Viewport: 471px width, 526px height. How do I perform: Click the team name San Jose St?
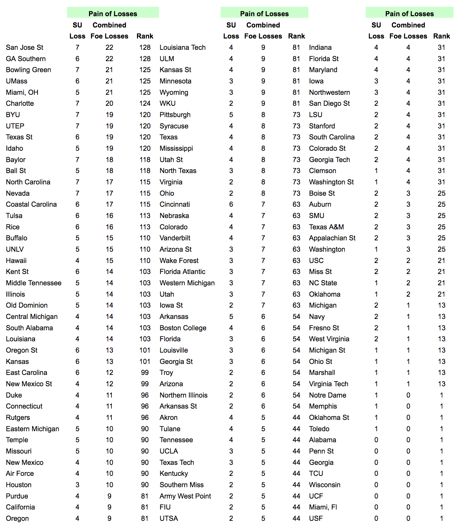[25, 48]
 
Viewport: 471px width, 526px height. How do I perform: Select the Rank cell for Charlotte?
[145, 104]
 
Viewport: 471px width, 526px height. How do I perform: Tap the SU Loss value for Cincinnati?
[231, 204]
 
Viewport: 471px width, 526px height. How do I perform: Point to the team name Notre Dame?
[327, 395]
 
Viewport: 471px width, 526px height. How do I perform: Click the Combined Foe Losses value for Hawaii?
[109, 260]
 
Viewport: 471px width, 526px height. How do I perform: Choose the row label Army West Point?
[185, 496]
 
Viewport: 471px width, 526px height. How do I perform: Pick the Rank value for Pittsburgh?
[296, 115]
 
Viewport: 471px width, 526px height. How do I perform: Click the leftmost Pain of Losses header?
[113, 14]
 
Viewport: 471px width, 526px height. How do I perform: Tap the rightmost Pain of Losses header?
[409, 14]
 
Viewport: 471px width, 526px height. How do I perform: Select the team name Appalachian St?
[332, 238]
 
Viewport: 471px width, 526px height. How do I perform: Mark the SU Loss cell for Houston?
[77, 485]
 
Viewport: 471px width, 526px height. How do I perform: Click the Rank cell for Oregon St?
[145, 350]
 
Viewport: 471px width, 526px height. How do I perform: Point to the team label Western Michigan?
[187, 283]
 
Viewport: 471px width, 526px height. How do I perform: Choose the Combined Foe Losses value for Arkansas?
[263, 317]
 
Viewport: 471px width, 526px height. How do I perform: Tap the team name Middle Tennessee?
[34, 283]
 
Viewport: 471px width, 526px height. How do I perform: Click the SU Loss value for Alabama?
[376, 440]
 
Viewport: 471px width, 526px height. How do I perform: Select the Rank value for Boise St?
[442, 193]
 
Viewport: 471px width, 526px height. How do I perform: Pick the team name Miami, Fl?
[323, 507]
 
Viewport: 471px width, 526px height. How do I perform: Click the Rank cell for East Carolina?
[145, 373]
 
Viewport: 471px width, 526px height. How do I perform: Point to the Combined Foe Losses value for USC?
[408, 260]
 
